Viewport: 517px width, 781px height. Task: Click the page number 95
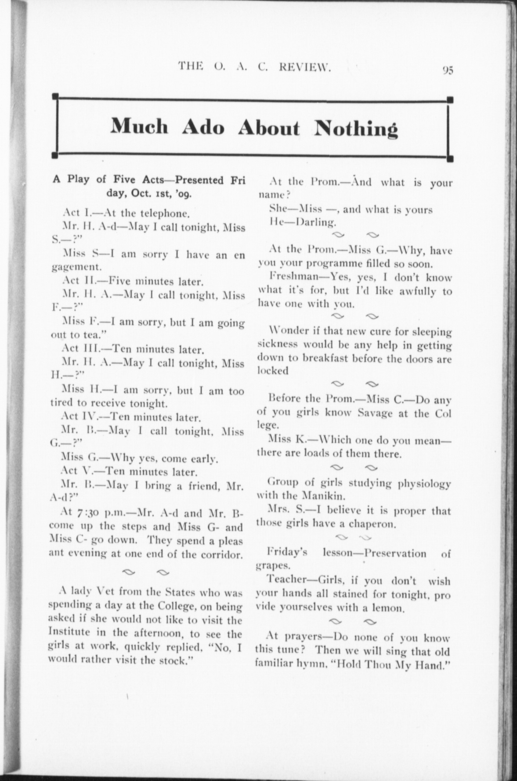[448, 70]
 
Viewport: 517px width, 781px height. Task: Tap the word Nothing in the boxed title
[356, 128]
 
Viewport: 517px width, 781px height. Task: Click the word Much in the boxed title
[140, 127]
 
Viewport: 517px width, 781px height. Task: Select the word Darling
[316, 222]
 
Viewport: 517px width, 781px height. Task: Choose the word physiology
[425, 484]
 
